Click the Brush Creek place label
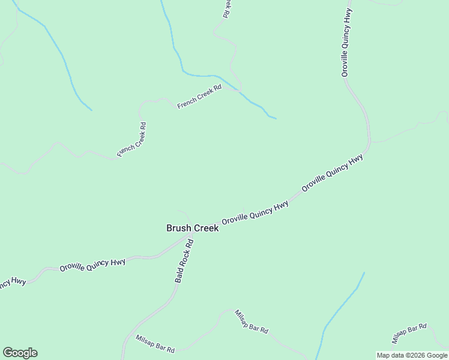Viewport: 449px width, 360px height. [x=192, y=228]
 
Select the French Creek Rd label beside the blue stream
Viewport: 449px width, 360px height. [x=200, y=97]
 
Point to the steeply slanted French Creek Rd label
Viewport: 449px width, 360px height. [x=132, y=140]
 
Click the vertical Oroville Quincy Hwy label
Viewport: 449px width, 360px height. [x=346, y=42]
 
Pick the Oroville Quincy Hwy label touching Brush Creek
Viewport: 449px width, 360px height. [x=255, y=213]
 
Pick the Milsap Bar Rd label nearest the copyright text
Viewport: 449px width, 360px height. [x=409, y=334]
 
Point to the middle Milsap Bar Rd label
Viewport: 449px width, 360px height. [x=251, y=322]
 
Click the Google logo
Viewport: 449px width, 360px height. [x=20, y=353]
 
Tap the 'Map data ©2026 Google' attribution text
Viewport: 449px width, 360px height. [x=412, y=355]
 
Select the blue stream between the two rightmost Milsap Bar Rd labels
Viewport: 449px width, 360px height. [x=342, y=306]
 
